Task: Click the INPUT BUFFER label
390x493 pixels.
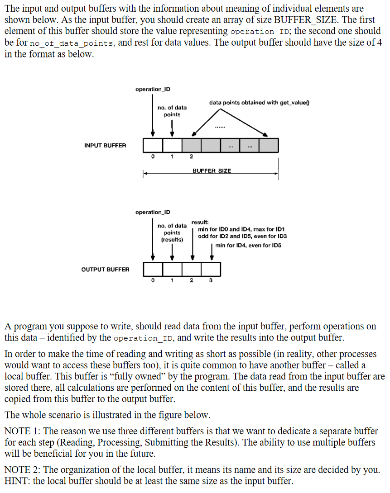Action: [x=105, y=145]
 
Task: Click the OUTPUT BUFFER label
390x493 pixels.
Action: [x=105, y=269]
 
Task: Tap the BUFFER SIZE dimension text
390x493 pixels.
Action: [x=212, y=171]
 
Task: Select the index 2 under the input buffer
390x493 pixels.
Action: [x=191, y=157]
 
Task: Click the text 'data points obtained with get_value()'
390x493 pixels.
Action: [x=259, y=103]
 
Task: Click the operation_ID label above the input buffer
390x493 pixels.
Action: [x=153, y=89]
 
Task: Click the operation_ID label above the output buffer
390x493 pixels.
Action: [x=153, y=212]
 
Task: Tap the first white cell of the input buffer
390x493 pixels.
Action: [x=153, y=145]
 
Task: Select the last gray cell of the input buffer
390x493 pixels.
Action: [x=269, y=145]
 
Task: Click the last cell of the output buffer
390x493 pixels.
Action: [x=211, y=269]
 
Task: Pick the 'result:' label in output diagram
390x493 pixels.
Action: [x=200, y=223]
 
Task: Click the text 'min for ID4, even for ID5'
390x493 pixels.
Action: [x=248, y=245]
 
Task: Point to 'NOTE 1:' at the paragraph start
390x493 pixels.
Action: [x=21, y=431]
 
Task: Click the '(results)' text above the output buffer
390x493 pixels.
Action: [x=172, y=239]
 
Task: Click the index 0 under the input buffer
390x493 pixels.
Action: [x=153, y=157]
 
